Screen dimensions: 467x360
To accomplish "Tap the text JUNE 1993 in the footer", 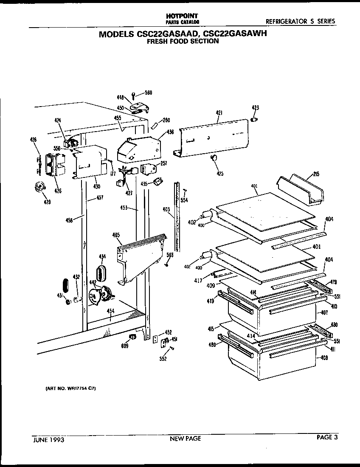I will point(48,440).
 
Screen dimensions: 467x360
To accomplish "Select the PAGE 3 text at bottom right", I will point(327,438).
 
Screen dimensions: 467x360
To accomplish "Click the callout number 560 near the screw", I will point(148,93).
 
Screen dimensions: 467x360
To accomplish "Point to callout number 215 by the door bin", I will point(316,174).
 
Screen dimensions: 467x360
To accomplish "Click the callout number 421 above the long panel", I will point(219,113).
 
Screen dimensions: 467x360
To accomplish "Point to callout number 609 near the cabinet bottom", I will point(124,346).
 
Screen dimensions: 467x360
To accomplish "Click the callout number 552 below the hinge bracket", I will point(163,359).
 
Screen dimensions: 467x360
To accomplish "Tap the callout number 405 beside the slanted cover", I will point(116,235).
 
